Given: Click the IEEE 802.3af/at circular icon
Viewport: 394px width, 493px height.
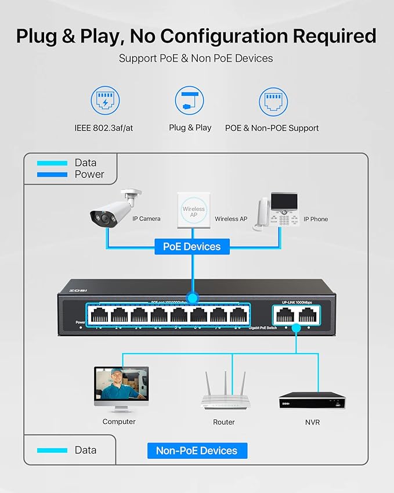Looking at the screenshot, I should coord(105,101).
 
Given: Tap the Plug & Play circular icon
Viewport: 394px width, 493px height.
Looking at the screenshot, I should coord(190,101).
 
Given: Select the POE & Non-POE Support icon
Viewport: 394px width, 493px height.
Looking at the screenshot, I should coord(273,102).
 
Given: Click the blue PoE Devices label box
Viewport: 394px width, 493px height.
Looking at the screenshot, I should coord(191,246).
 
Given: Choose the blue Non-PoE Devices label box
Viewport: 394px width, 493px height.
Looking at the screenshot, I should coord(197,450).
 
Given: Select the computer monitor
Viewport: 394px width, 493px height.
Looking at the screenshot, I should coord(121,387).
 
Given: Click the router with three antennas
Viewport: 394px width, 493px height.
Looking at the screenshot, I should coord(224,392).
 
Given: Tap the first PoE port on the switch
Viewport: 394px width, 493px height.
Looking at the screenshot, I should coord(99,315).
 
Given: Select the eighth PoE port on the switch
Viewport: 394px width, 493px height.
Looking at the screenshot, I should coord(237,315).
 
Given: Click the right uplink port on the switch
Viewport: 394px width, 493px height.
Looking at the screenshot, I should coord(305,315).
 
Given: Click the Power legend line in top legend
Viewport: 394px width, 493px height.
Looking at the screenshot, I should coord(52,174).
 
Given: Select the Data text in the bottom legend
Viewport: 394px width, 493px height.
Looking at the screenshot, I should coord(85,450).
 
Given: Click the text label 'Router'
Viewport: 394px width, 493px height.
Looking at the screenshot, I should coord(224,422).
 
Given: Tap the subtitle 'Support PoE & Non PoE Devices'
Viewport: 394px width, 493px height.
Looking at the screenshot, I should coord(196,58).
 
